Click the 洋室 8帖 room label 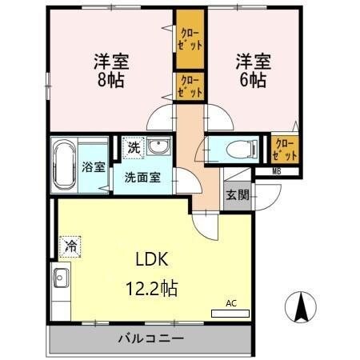click(x=112, y=70)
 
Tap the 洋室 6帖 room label click(x=250, y=70)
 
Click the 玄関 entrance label click(x=236, y=194)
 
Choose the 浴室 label click(x=94, y=168)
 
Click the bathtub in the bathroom click(x=63, y=166)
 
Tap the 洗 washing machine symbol click(x=134, y=147)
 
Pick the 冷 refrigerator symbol click(x=70, y=247)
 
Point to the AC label click(x=231, y=303)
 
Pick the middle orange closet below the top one click(x=190, y=85)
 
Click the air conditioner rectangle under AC click(x=230, y=313)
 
